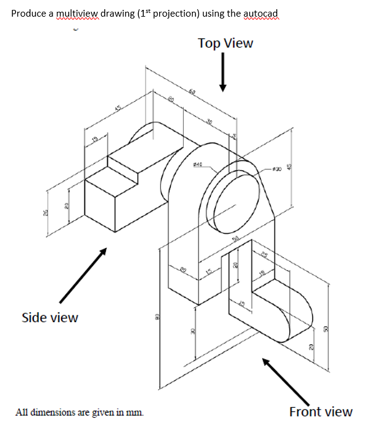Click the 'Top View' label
coord(225,43)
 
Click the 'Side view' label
coord(49,318)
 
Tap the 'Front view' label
coord(321,411)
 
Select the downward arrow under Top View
coord(225,74)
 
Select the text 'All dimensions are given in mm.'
coord(81,411)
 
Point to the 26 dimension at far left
coord(47,213)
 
